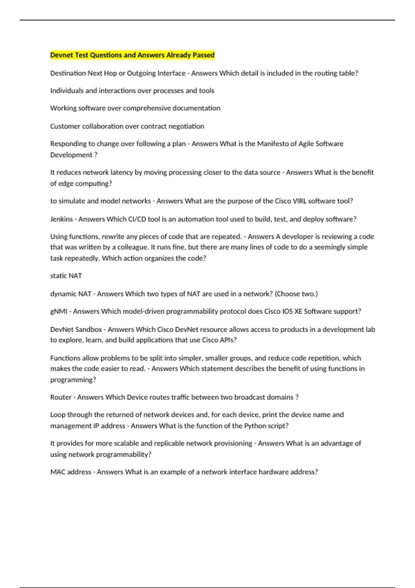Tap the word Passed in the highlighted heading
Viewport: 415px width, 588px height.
pos(204,55)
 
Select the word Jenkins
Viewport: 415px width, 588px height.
pos(62,219)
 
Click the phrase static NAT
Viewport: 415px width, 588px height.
pos(66,276)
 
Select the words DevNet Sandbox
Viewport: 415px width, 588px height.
pos(76,329)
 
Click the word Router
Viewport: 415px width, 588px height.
pos(61,397)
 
